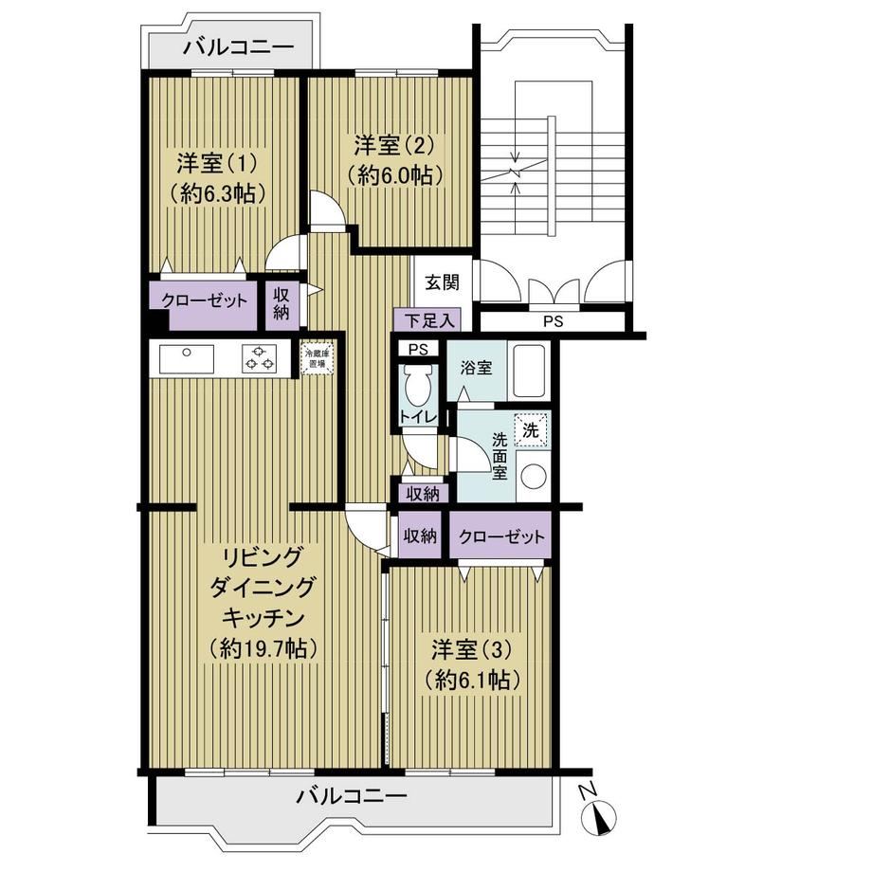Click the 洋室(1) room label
(217, 163)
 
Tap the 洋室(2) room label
(394, 146)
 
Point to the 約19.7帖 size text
(263, 648)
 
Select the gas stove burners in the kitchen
(259, 358)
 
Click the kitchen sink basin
(187, 358)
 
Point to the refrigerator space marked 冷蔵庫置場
(317, 357)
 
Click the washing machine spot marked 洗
(531, 430)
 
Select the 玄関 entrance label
(443, 282)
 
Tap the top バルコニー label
(238, 46)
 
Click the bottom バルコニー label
(351, 797)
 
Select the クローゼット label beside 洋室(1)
(204, 300)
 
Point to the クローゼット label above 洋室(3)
(501, 536)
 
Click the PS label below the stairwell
(554, 321)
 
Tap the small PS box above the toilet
(418, 349)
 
